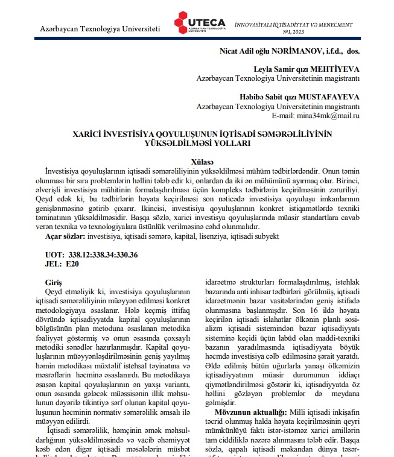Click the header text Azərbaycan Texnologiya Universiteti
pos(100,28)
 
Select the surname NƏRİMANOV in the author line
pos(286,52)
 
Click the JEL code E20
pos(71,263)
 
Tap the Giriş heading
pos(54,282)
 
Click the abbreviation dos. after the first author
pos(351,52)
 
